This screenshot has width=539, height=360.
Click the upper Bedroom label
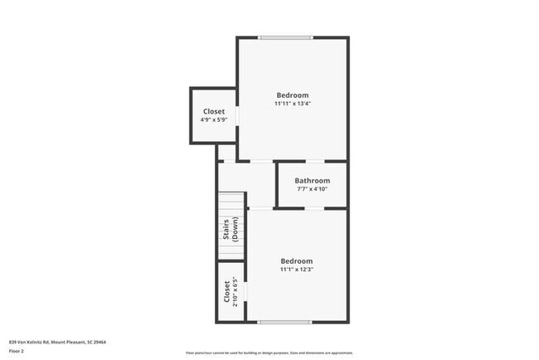[292, 95]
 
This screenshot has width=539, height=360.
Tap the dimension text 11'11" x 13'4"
[292, 105]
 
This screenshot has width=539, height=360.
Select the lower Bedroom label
[296, 260]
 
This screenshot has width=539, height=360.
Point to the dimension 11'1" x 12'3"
[296, 269]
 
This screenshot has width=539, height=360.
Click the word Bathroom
[312, 181]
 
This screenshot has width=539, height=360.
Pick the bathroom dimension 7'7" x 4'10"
[312, 190]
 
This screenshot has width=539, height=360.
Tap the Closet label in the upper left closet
[214, 111]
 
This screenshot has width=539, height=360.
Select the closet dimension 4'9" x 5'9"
[214, 120]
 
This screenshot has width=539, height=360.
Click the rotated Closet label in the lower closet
[226, 291]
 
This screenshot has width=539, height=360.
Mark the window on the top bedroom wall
[285, 37]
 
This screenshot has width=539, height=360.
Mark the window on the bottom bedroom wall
[285, 322]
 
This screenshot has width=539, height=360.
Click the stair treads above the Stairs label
[232, 203]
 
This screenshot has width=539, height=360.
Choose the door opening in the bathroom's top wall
[315, 162]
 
